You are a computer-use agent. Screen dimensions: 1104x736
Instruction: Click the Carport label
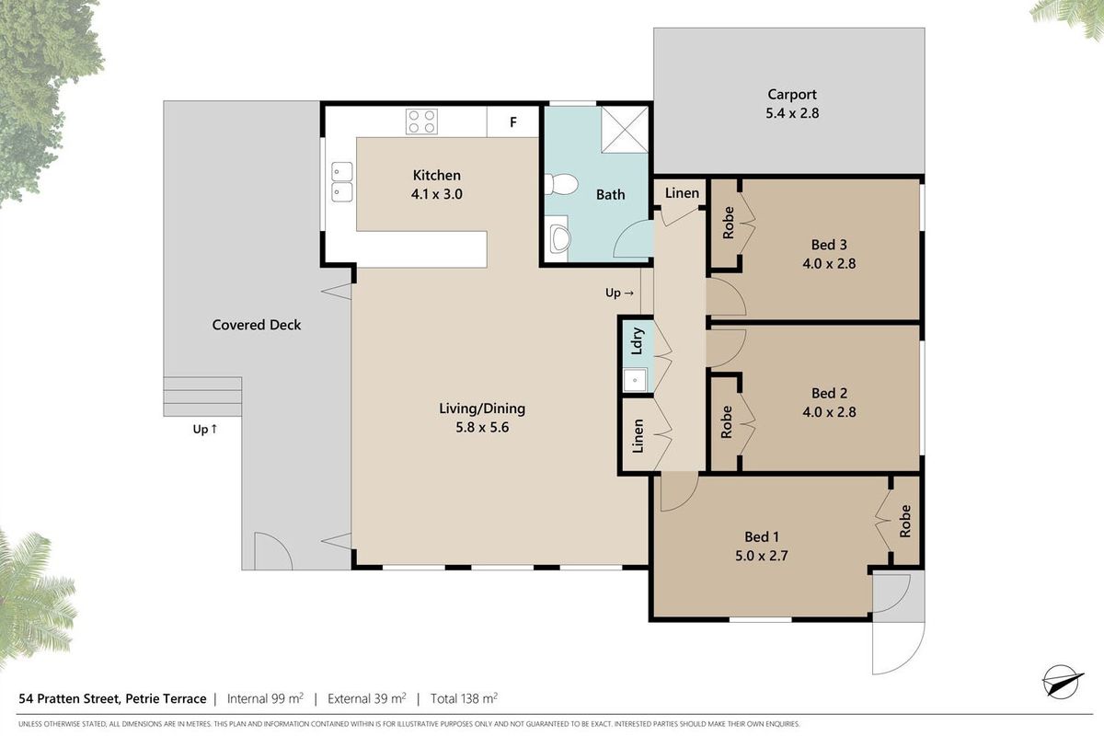792,94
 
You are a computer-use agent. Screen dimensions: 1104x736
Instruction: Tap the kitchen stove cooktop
421,121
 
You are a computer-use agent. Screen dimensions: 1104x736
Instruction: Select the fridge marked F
513,121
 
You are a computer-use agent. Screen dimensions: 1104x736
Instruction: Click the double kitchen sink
341,182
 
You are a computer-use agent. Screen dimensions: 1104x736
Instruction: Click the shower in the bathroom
625,130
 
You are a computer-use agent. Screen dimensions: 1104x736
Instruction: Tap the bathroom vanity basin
558,238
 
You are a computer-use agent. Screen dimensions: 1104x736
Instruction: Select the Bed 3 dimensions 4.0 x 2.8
829,264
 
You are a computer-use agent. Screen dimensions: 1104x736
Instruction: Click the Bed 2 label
830,393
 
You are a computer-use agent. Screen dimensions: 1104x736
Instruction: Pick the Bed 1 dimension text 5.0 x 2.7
762,556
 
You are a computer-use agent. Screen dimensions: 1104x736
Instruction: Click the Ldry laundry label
638,340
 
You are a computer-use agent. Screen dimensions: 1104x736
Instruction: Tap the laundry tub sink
635,380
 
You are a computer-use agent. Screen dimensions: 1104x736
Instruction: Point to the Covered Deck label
257,325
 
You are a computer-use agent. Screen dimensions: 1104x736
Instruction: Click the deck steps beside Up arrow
202,397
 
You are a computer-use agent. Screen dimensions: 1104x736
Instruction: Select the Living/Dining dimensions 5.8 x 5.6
482,428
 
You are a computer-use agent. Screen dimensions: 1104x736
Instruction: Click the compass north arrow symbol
1063,683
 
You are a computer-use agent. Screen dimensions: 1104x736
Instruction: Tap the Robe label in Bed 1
905,521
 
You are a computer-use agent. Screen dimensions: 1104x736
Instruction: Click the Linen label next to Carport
682,193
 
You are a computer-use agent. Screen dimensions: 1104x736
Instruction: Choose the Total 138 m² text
464,698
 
